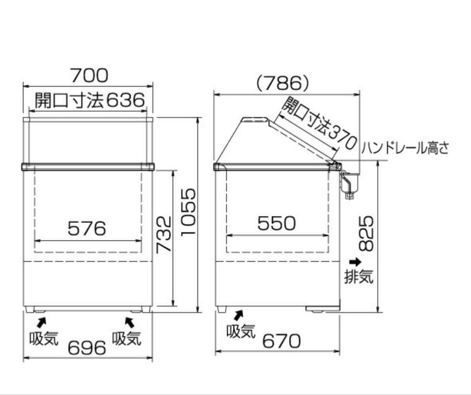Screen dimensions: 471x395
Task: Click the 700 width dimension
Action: pyautogui.click(x=89, y=75)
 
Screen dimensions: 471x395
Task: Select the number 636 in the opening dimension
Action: pyautogui.click(x=126, y=100)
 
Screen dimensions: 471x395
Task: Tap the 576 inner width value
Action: pyautogui.click(x=87, y=229)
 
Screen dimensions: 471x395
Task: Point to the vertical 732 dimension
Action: pyautogui.click(x=164, y=235)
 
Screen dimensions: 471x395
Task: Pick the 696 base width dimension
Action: pyautogui.click(x=87, y=348)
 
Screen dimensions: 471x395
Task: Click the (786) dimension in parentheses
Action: pyautogui.click(x=282, y=83)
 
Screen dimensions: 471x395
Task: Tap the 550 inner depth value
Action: pyautogui.click(x=276, y=223)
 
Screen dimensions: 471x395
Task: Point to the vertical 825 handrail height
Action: pyautogui.click(x=366, y=233)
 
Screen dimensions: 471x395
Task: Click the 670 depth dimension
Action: pyautogui.click(x=281, y=341)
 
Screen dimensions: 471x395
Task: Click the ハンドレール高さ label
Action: pyautogui.click(x=405, y=148)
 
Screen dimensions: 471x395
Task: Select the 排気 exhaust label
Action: pyautogui.click(x=358, y=276)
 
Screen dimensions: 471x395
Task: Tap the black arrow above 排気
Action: pyautogui.click(x=355, y=262)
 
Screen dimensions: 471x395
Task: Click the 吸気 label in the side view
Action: pyautogui.click(x=241, y=331)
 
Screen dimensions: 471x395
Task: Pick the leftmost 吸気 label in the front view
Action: pyautogui.click(x=44, y=338)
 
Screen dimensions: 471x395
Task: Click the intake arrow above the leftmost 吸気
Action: pyautogui.click(x=41, y=322)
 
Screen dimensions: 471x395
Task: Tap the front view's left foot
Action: pyautogui.click(x=30, y=309)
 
